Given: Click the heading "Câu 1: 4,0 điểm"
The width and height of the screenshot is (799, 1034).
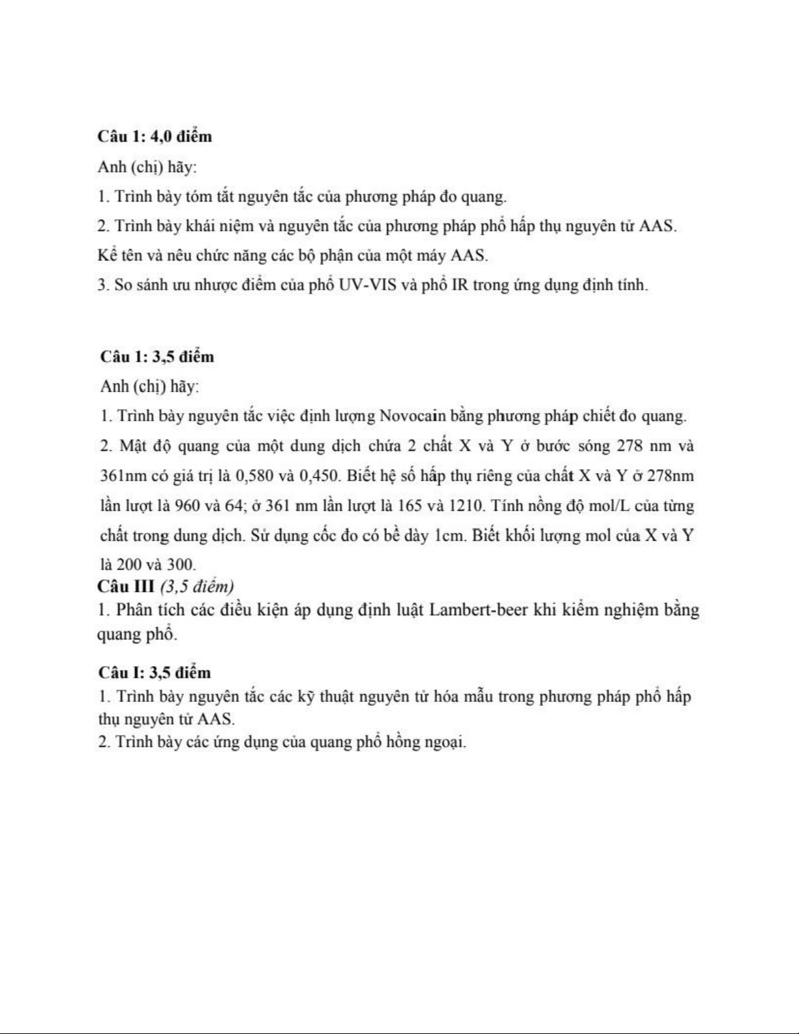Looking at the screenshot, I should click(x=155, y=136).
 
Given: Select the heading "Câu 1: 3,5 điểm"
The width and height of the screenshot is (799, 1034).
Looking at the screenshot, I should click(x=157, y=357).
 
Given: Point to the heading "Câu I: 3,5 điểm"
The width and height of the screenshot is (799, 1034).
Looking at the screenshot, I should click(x=155, y=672).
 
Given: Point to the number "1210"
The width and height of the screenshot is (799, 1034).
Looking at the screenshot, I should click(x=468, y=506).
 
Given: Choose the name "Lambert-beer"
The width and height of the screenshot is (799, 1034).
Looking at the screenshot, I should click(x=478, y=610).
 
